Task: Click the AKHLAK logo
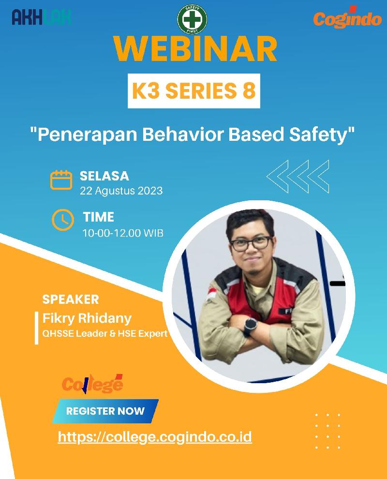point(42,17)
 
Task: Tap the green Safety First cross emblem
point(192,19)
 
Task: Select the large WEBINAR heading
point(195,49)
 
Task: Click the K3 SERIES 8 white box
point(194,91)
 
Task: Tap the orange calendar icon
point(61,180)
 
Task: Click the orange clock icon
point(62,220)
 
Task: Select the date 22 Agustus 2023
point(121,191)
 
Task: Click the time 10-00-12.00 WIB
point(123,233)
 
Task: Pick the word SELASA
point(104,176)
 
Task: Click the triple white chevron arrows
point(298,177)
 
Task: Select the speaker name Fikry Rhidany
point(87,318)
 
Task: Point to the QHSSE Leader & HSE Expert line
point(105,333)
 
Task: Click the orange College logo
point(92,384)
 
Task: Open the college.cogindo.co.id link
point(155,437)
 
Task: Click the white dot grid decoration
point(327,431)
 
